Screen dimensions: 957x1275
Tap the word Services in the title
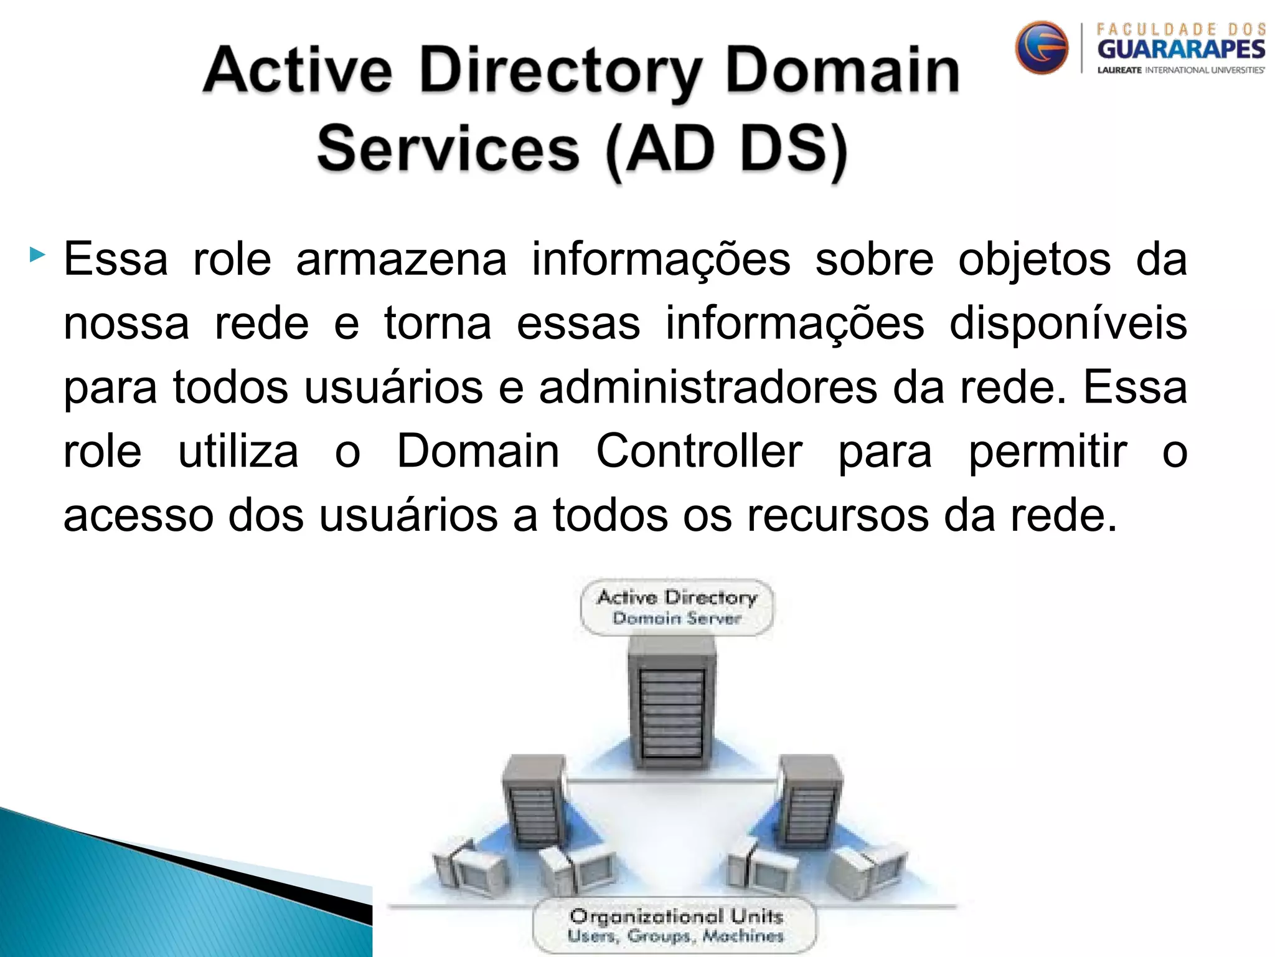click(x=448, y=150)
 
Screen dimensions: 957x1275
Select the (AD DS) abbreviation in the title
click(x=726, y=150)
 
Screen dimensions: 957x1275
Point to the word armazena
click(x=402, y=259)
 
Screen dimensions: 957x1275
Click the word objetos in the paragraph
click(x=1034, y=259)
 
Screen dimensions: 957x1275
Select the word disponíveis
click(x=1068, y=324)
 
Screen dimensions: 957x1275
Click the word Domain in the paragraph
click(x=478, y=451)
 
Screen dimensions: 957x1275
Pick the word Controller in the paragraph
click(x=699, y=451)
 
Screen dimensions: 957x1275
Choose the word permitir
click(x=1048, y=451)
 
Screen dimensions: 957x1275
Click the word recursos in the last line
click(x=837, y=516)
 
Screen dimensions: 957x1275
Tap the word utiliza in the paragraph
click(x=238, y=451)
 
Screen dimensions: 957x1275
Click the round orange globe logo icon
click(x=1042, y=48)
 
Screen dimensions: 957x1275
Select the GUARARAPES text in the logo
click(x=1181, y=49)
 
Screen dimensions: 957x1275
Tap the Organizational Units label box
click(x=675, y=925)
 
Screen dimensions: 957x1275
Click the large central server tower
click(x=672, y=704)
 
